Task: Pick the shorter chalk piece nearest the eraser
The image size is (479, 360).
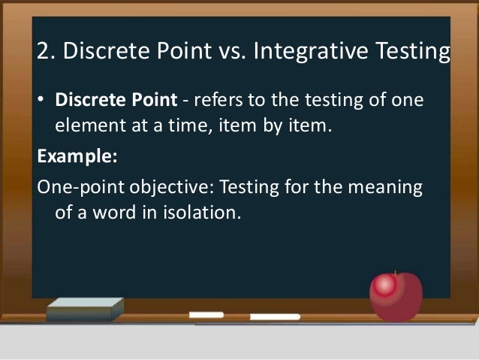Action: point(206,314)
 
